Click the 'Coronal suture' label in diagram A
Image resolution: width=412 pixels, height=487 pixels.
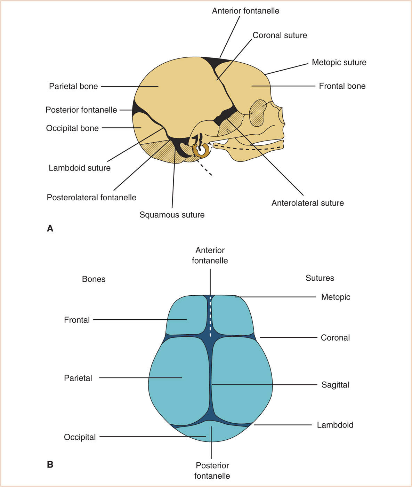pos(280,35)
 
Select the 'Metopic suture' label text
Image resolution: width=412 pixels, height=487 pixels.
pos(339,62)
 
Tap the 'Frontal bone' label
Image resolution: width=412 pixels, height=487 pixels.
pos(342,86)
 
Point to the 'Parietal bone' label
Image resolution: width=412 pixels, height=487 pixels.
pos(73,86)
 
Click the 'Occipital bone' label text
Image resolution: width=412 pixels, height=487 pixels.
pos(72,128)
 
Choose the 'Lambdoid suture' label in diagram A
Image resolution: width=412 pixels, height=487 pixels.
pos(80,168)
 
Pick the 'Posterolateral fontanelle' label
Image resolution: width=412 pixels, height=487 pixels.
pos(91,198)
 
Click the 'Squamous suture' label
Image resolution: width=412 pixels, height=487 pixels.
pos(172,215)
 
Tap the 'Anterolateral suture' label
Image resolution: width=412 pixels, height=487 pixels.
pos(307,203)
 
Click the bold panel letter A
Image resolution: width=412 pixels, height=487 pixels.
pos(50,228)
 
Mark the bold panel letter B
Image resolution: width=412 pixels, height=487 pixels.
pos(50,464)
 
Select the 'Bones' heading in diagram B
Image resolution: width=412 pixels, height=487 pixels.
pos(94,279)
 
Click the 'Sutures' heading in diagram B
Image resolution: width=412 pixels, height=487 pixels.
pos(320,278)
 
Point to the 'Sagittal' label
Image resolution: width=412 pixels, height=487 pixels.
pos(335,385)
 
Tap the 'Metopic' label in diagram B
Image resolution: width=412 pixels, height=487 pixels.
pos(336,297)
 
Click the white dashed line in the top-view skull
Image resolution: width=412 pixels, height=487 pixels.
pos(210,317)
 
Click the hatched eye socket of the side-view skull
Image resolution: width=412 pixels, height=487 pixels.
pos(258,113)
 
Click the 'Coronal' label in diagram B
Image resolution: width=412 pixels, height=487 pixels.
pos(335,337)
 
